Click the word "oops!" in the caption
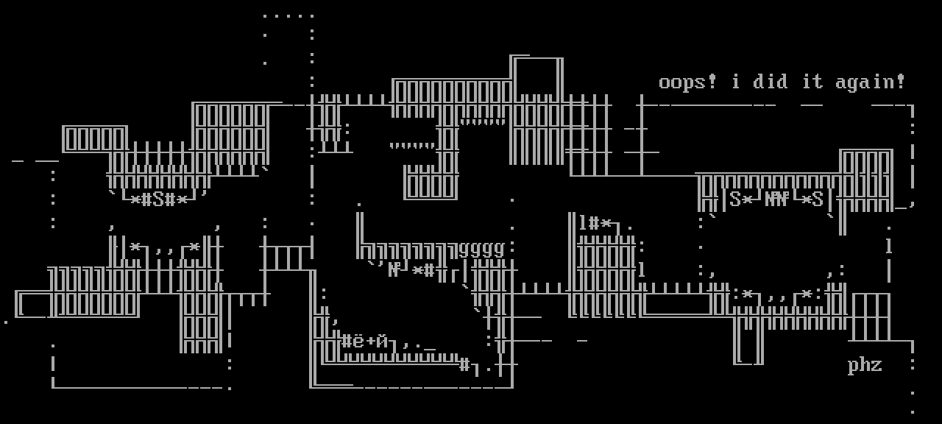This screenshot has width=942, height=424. pyautogui.click(x=687, y=82)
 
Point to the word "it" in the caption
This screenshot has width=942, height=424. pyautogui.click(x=812, y=82)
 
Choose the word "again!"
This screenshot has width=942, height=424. pyautogui.click(x=871, y=82)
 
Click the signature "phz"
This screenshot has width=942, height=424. pyautogui.click(x=865, y=365)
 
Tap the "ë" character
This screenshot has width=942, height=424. pyautogui.click(x=358, y=341)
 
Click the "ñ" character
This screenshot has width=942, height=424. pyautogui.click(x=382, y=341)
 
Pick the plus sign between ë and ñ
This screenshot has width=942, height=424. pyautogui.click(x=370, y=342)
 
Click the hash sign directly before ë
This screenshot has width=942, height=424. pyautogui.click(x=347, y=341)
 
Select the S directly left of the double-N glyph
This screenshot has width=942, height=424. pyautogui.click(x=735, y=199)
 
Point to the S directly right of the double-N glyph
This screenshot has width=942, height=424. pyautogui.click(x=818, y=199)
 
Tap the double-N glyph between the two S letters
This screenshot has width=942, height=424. pyautogui.click(x=776, y=199)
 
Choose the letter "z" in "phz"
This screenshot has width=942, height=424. pyautogui.click(x=877, y=365)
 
